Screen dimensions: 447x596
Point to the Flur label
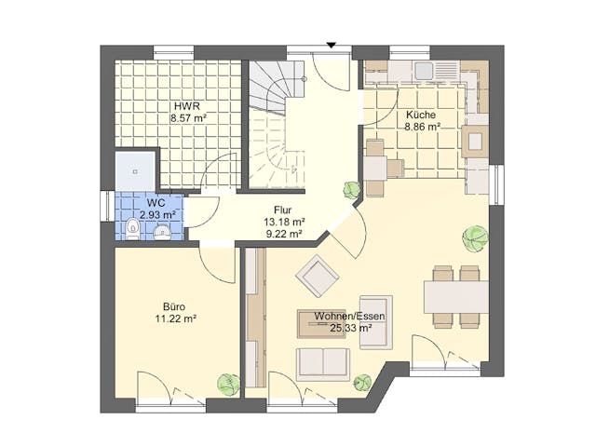(284, 210)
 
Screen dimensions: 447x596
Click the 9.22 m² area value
(284, 235)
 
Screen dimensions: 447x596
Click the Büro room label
(174, 306)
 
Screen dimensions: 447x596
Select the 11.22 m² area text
(174, 318)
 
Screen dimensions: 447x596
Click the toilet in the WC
(131, 228)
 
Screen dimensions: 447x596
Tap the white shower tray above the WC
(135, 169)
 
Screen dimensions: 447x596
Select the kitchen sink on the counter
(425, 71)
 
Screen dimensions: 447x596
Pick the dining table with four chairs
(455, 297)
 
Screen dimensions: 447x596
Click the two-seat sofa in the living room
(322, 362)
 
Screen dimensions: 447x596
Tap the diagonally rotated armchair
(317, 276)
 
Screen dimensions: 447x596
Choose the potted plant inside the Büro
(226, 382)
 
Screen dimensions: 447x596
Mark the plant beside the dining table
(475, 238)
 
